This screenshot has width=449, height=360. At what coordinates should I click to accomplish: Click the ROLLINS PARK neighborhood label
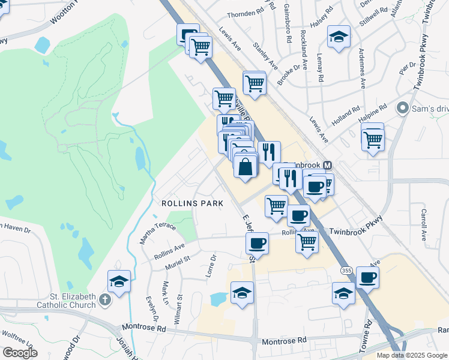pyautogui.click(x=192, y=203)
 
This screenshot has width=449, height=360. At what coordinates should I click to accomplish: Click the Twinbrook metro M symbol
pyautogui.click(x=327, y=165)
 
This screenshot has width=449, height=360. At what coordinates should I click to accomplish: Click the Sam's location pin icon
pyautogui.click(x=402, y=109)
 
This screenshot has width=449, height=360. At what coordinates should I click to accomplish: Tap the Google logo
pyautogui.click(x=20, y=352)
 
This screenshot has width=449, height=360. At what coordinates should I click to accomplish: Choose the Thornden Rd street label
pyautogui.click(x=246, y=14)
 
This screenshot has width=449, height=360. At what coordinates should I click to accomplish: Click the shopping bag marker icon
pyautogui.click(x=246, y=166)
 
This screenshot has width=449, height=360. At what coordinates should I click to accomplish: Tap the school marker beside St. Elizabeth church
pyautogui.click(x=119, y=280)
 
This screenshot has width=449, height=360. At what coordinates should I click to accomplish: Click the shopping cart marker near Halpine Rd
pyautogui.click(x=373, y=139)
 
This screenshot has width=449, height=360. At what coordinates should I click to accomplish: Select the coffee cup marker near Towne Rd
pyautogui.click(x=367, y=277)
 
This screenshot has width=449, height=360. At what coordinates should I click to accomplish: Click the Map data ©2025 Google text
pyautogui.click(x=412, y=355)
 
